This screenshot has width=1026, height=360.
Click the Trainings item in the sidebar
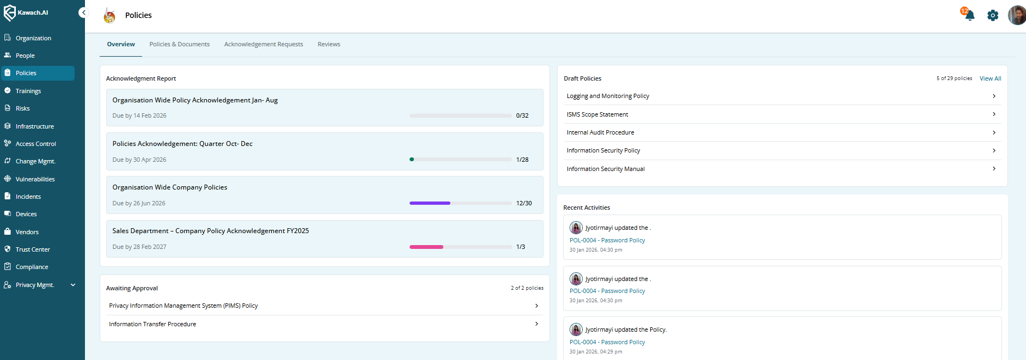28,91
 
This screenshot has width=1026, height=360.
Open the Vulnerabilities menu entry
35,179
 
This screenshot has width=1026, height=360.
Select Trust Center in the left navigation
33,249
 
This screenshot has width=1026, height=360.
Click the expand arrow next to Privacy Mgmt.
73,285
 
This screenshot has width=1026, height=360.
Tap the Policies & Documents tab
179,44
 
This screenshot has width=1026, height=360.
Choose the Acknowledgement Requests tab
264,44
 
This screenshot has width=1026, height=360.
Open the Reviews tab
329,44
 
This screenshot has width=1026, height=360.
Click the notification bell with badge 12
969,15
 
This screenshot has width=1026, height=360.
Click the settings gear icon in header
993,15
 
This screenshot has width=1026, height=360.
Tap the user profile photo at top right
1016,15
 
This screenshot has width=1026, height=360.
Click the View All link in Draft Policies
990,78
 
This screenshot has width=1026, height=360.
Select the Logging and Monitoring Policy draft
608,96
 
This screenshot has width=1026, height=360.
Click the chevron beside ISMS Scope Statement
994,114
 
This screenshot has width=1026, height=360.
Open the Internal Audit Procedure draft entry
600,132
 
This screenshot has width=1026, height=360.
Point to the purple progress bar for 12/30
430,203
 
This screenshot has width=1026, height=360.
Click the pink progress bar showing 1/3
426,247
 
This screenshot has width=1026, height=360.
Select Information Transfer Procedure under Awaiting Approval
152,324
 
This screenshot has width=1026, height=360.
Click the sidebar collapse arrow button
83,13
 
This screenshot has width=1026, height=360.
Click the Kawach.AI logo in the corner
26,13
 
